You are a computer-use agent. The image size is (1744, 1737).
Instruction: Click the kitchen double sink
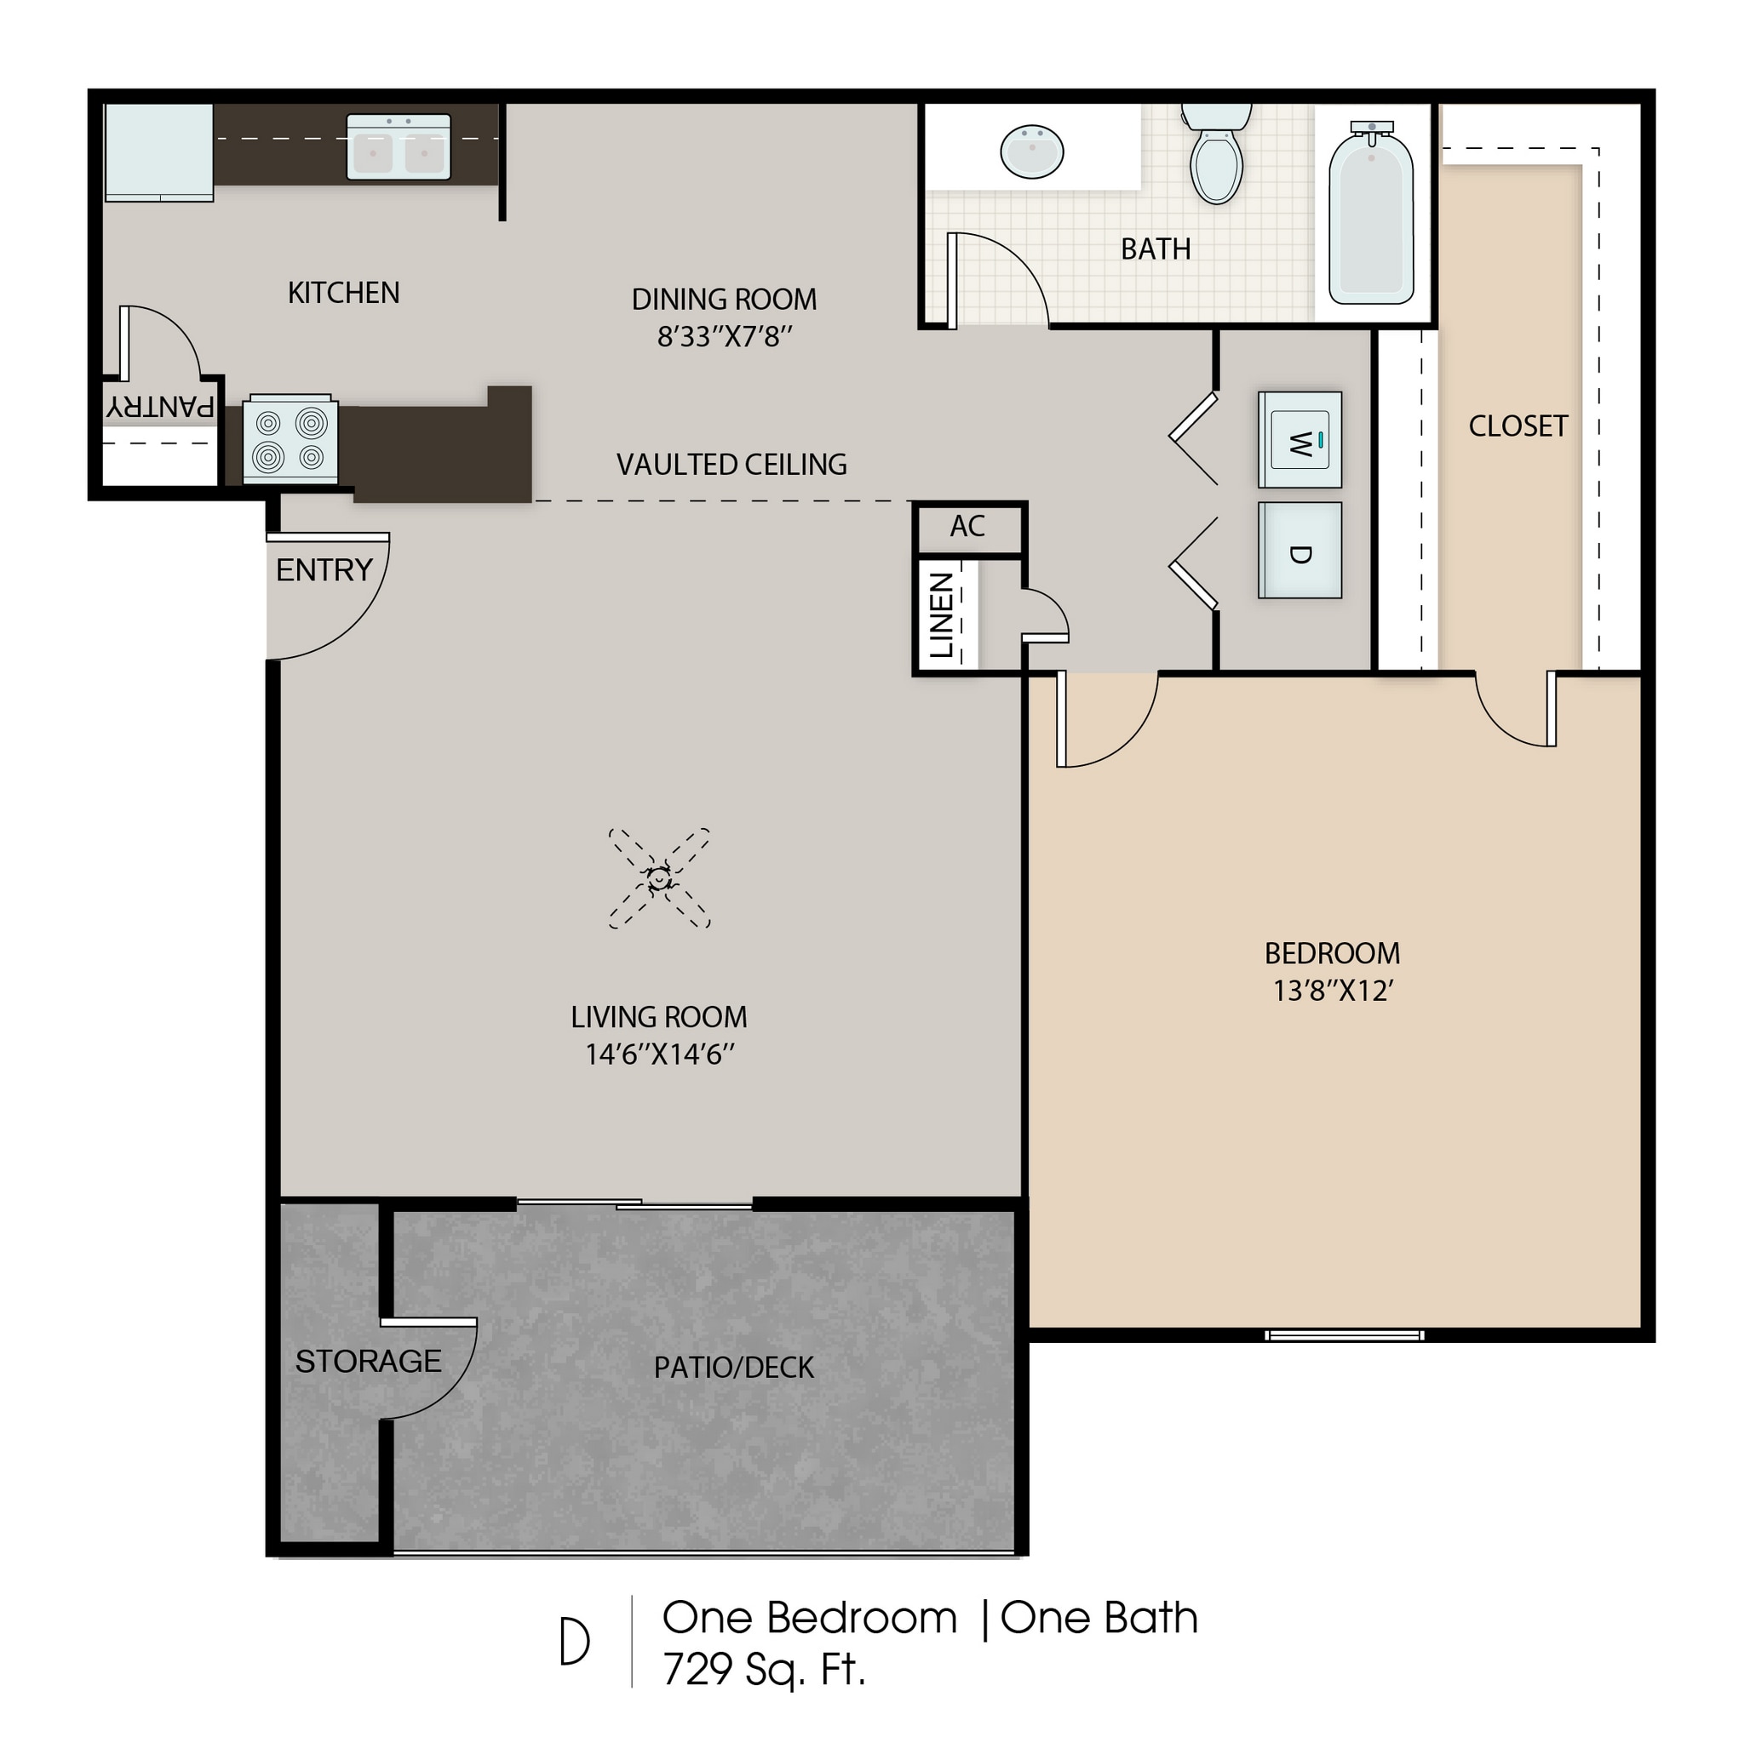click(398, 146)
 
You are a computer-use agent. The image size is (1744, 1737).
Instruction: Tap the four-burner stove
click(290, 439)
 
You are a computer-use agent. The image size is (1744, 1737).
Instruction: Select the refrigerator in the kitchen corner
click(159, 151)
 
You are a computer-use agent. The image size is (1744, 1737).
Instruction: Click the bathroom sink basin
click(1032, 151)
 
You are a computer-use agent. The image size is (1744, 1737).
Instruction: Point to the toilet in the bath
click(1216, 159)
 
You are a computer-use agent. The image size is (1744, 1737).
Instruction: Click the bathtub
click(1370, 216)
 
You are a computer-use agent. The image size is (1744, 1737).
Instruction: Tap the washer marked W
click(1299, 439)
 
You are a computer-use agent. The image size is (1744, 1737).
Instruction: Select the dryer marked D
click(1299, 551)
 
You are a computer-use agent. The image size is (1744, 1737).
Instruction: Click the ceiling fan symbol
click(659, 878)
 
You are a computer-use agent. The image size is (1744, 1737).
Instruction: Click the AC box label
click(967, 527)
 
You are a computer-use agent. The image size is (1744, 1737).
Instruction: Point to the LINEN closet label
click(942, 614)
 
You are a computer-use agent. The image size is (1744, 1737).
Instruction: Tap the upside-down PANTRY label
click(161, 406)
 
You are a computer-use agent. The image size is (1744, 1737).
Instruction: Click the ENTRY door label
click(324, 570)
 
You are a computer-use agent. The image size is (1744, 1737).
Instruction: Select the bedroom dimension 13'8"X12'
click(1334, 991)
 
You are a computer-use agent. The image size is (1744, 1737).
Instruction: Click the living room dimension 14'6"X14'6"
click(659, 1054)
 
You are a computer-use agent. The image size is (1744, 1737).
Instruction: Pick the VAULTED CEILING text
click(731, 465)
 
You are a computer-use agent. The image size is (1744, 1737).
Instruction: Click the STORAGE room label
click(368, 1362)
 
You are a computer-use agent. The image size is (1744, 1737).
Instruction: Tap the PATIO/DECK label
click(734, 1368)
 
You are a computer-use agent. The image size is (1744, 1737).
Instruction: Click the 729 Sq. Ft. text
click(764, 1669)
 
